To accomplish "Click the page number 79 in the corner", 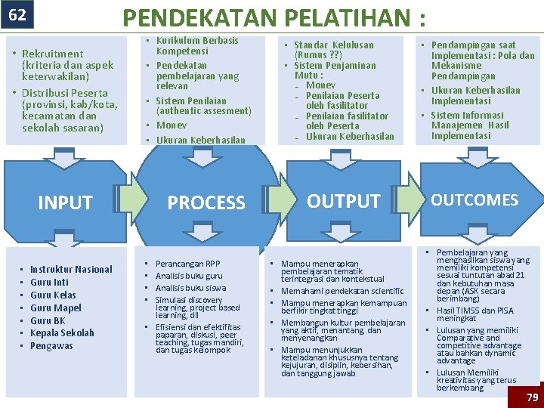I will coord(532,397).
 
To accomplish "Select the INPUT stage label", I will coord(65,202).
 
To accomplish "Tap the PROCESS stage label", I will coord(206,202).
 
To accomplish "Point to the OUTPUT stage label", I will coord(344,201).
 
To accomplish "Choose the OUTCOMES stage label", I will coord(474,199).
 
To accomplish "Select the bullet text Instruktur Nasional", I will coord(71,269).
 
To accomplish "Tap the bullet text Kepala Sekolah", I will coord(62,332).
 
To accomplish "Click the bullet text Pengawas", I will coord(51,345).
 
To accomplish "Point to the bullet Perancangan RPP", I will coord(187,264).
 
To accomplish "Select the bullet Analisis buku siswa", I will coord(190,288).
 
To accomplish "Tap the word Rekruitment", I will coord(53,54).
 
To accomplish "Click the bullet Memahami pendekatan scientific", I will coord(342,291).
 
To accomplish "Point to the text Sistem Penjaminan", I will coord(329,65).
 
